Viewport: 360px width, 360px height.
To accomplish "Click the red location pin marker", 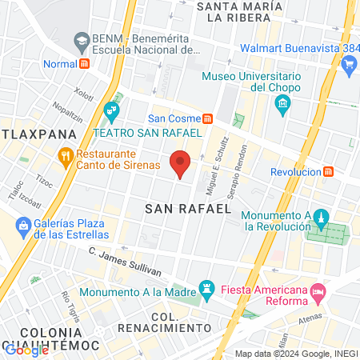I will point(181,163).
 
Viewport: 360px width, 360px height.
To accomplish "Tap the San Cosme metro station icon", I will point(207,119).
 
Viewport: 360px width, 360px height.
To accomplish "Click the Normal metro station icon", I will point(85,63).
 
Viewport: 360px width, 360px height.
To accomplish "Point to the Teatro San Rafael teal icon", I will point(111,109).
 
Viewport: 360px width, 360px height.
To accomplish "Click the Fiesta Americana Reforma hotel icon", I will point(318,293).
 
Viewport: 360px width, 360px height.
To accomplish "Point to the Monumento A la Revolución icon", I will point(322,218).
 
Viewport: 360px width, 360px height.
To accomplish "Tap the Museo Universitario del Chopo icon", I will point(282,104).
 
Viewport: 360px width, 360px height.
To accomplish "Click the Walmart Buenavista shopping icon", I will point(348,68).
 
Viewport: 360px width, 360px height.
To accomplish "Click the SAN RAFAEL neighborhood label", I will point(187,209).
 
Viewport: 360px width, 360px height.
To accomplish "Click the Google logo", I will point(26,350).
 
